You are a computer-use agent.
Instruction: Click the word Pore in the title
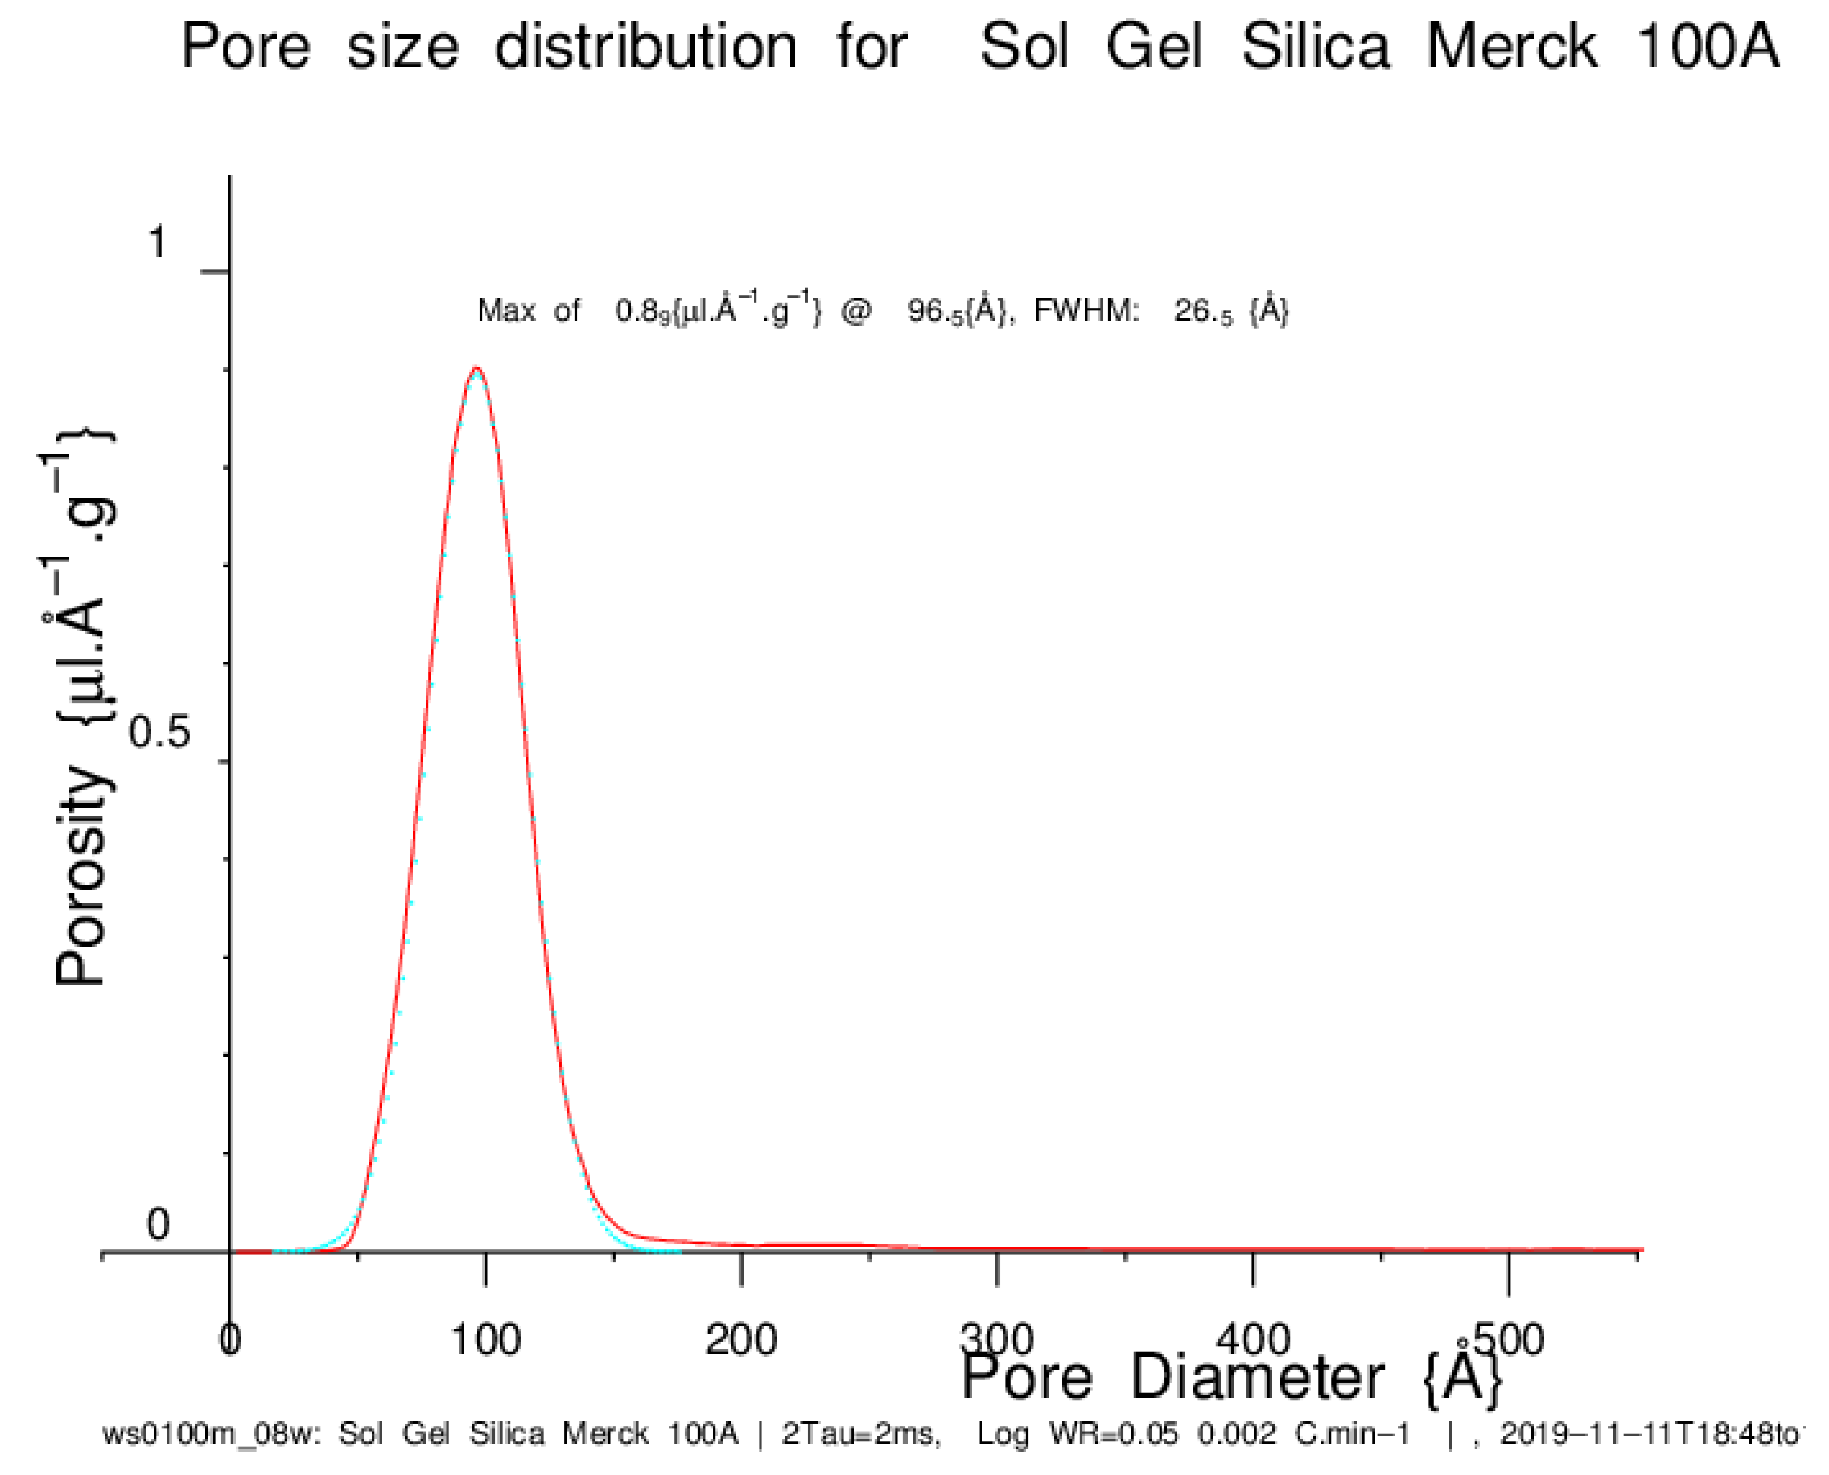pyautogui.click(x=246, y=47)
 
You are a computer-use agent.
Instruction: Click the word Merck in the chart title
pyautogui.click(x=1512, y=47)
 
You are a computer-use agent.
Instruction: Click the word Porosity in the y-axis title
pyautogui.click(x=83, y=875)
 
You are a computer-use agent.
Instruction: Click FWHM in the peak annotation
pyautogui.click(x=1085, y=311)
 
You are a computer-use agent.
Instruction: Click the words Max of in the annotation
pyautogui.click(x=528, y=311)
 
